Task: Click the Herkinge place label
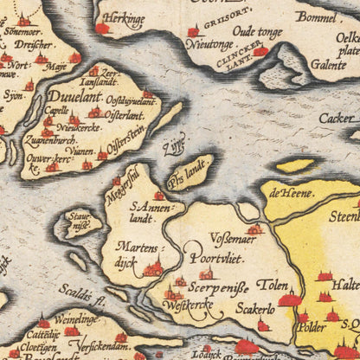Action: coord(124,16)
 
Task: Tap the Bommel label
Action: coord(318,16)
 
